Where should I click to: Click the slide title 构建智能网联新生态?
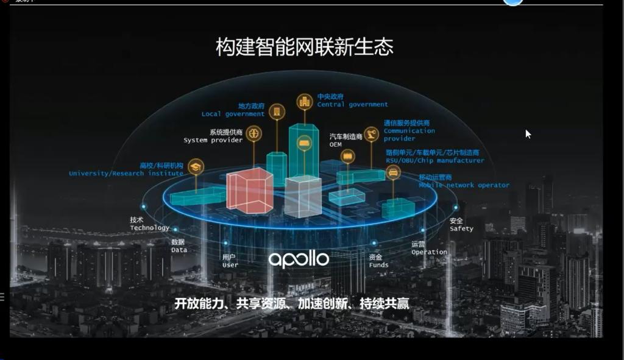pos(304,47)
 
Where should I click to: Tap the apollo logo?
pos(299,259)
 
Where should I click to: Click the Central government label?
pos(352,104)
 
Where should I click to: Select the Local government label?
pos(233,114)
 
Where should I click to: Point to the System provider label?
pos(213,140)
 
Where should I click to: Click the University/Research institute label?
pos(126,173)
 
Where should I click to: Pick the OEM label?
pos(336,144)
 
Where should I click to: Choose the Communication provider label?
pos(409,134)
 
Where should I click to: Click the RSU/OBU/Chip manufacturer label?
pos(434,160)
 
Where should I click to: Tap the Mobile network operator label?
pos(463,185)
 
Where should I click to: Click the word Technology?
pos(149,228)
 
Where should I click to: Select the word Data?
pos(179,250)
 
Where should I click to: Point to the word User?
pos(230,265)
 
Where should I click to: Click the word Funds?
pos(378,265)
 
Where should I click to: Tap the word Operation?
pos(428,252)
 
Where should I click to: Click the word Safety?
pos(461,228)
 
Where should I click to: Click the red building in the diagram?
pos(249,191)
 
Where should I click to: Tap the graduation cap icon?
pos(196,166)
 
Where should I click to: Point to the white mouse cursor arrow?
pos(528,134)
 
